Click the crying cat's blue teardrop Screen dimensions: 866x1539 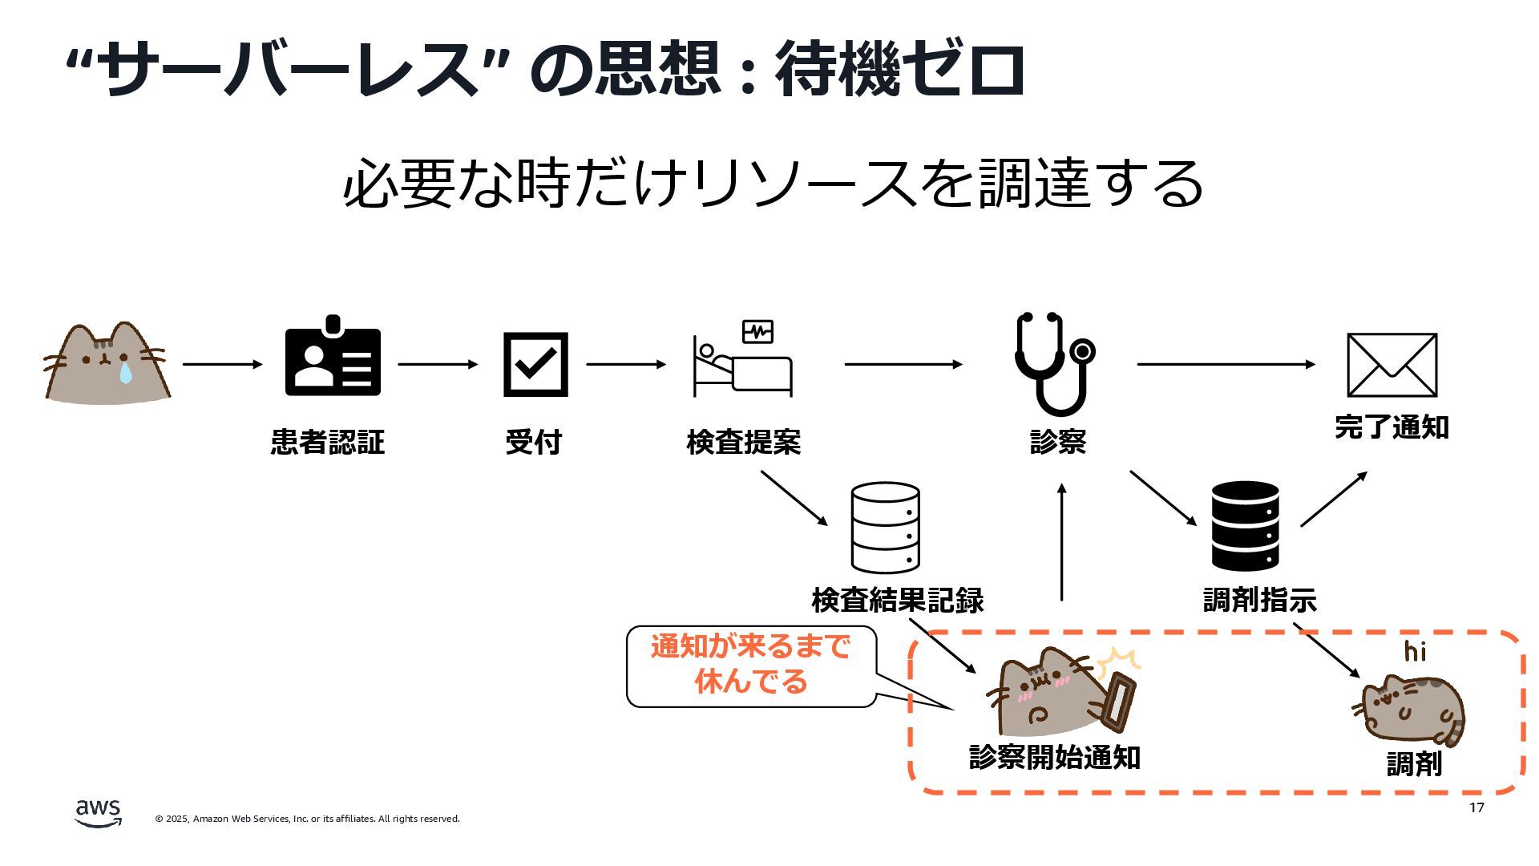tap(124, 372)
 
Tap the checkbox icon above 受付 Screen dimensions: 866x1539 tap(535, 364)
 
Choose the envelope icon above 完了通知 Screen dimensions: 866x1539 tap(1392, 365)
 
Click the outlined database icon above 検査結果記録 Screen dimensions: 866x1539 tap(885, 528)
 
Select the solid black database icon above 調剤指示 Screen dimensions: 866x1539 tap(1245, 526)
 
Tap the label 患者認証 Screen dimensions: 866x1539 tap(328, 442)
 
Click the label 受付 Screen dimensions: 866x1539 tap(534, 442)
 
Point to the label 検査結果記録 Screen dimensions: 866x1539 tap(897, 600)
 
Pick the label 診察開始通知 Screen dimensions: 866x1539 tap(1054, 757)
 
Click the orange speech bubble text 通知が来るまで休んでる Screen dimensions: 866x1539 tap(750, 664)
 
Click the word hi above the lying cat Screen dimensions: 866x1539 tap(1415, 651)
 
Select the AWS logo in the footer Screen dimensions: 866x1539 tap(99, 812)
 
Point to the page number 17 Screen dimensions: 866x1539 tap(1476, 807)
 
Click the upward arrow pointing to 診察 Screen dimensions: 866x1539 tap(1061, 542)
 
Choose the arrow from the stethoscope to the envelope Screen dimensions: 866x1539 tap(1226, 364)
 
